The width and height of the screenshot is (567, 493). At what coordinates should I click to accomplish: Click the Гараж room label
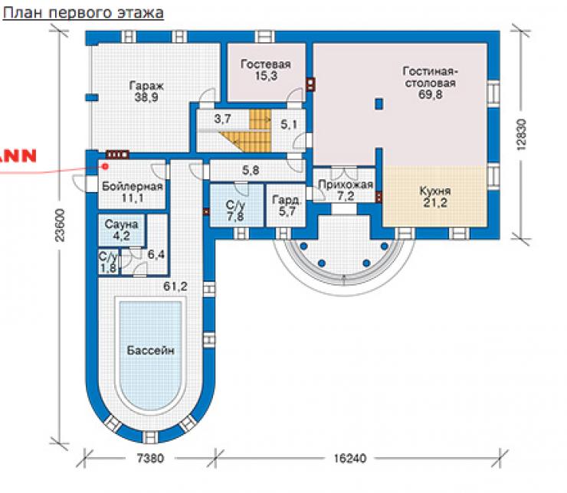point(146,86)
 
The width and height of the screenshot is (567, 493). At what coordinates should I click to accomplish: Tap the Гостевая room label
point(266,64)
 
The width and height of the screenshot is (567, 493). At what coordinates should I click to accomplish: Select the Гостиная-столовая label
point(430,77)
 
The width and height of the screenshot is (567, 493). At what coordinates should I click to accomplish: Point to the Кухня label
point(435,191)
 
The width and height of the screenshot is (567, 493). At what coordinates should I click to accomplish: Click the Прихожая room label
point(346,184)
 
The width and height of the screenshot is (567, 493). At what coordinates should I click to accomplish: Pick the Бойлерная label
point(133,186)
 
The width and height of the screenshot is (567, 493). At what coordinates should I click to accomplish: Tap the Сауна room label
point(122,224)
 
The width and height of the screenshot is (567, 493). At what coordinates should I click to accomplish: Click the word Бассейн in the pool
point(151,351)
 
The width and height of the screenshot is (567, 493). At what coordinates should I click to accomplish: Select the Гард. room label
point(287,200)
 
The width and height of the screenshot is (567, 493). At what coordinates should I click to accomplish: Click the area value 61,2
point(175,286)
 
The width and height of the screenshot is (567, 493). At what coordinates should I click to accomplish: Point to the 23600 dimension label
point(60,225)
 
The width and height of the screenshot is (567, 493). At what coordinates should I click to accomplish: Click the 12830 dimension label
point(522,134)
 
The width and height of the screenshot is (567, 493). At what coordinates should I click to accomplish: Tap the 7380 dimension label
point(150,459)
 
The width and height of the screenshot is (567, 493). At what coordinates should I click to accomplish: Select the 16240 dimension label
point(349,459)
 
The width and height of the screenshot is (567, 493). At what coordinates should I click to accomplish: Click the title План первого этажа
point(84,13)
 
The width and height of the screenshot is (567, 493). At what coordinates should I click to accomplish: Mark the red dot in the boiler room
point(106,166)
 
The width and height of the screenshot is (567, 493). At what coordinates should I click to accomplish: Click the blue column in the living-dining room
point(379,104)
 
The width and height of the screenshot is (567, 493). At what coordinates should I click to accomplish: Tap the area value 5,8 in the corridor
point(251,170)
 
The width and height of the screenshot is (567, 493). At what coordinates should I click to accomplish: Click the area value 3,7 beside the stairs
point(222,119)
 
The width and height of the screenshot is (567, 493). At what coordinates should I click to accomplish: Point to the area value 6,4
point(156,254)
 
